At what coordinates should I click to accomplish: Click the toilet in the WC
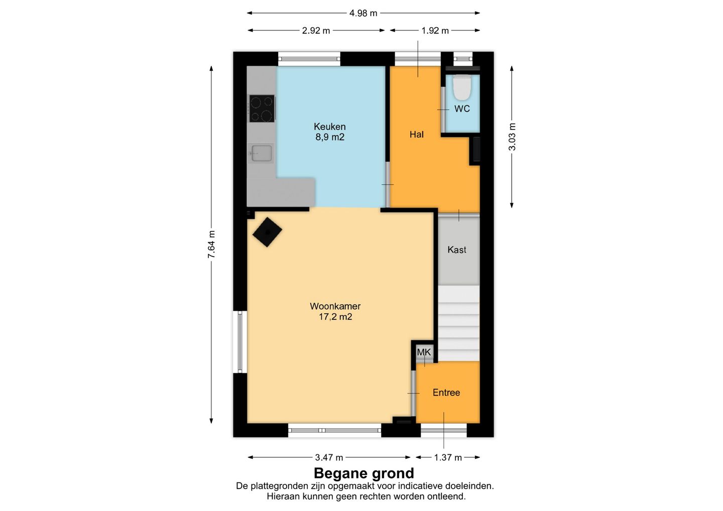[x=462, y=87]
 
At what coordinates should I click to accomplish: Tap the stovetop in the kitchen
[x=262, y=108]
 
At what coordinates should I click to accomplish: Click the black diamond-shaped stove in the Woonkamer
[x=267, y=232]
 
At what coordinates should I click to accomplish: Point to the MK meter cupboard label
[x=424, y=352]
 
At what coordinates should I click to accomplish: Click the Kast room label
[x=457, y=249]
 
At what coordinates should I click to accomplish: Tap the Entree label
[x=446, y=393]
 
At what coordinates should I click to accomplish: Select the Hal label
[x=416, y=135]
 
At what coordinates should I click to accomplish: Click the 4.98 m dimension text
[x=363, y=13]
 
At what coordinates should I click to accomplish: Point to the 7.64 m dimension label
[x=211, y=244]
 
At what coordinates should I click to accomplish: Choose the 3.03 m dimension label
[x=512, y=137]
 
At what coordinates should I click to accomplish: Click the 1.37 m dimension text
[x=448, y=457]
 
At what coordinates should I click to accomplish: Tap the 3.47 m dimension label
[x=329, y=457]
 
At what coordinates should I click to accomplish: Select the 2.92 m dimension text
[x=316, y=31]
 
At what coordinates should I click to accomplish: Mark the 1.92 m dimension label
[x=435, y=31]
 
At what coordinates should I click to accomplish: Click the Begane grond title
[x=364, y=473]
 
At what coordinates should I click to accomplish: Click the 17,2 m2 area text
[x=335, y=317]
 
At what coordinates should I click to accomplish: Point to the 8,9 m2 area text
[x=330, y=137]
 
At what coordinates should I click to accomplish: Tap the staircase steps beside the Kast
[x=459, y=323]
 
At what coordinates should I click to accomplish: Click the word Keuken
[x=329, y=126]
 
